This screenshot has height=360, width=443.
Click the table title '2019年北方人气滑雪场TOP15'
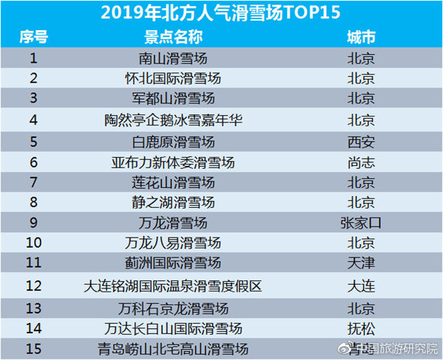(221, 12)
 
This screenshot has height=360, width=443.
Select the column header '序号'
(34, 36)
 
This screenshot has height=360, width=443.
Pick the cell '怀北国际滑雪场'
(174, 78)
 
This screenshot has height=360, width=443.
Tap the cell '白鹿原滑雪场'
(174, 141)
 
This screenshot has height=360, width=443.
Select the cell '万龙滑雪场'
(174, 223)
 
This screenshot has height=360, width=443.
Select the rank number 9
(34, 223)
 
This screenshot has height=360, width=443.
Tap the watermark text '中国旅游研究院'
(399, 348)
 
